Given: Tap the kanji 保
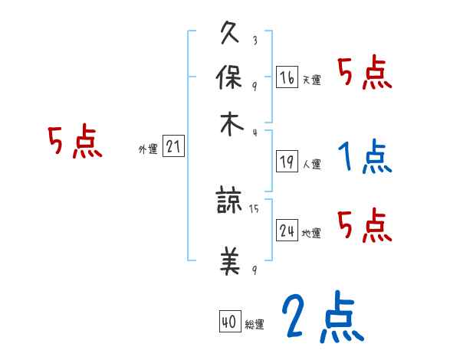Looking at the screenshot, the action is [x=230, y=79].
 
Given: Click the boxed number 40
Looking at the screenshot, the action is [x=228, y=322].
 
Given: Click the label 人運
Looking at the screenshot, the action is [x=312, y=163].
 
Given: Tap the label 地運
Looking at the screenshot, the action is [x=312, y=233].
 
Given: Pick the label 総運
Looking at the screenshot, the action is [x=255, y=325].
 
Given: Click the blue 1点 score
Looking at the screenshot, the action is [x=364, y=158].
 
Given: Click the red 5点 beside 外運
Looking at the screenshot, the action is [x=75, y=143].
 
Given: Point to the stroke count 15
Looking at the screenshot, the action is [x=254, y=208].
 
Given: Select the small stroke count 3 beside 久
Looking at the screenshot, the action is [x=254, y=41].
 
